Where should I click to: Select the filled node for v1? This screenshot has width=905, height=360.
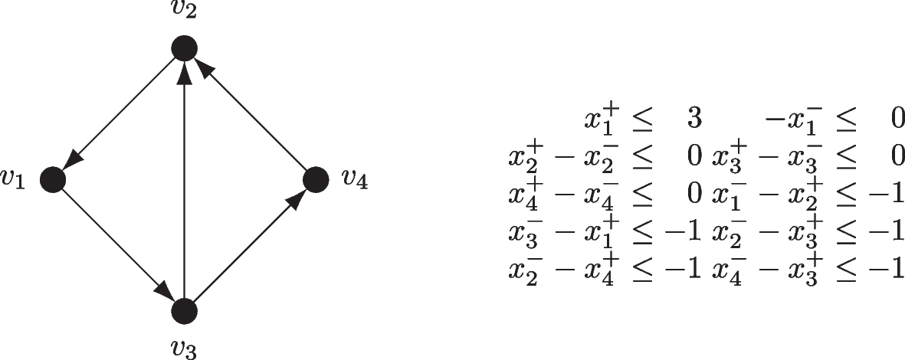tap(52, 180)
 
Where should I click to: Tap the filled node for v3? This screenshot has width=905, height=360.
tap(184, 311)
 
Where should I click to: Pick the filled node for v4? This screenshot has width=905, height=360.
tap(316, 180)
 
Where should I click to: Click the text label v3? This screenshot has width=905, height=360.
tap(184, 349)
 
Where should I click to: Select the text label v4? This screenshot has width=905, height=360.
tap(354, 180)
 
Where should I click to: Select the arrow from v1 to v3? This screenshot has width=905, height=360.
tap(118, 246)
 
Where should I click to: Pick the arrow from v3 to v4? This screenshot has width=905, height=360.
tap(250, 246)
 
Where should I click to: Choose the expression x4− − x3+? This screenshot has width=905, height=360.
tap(766, 270)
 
